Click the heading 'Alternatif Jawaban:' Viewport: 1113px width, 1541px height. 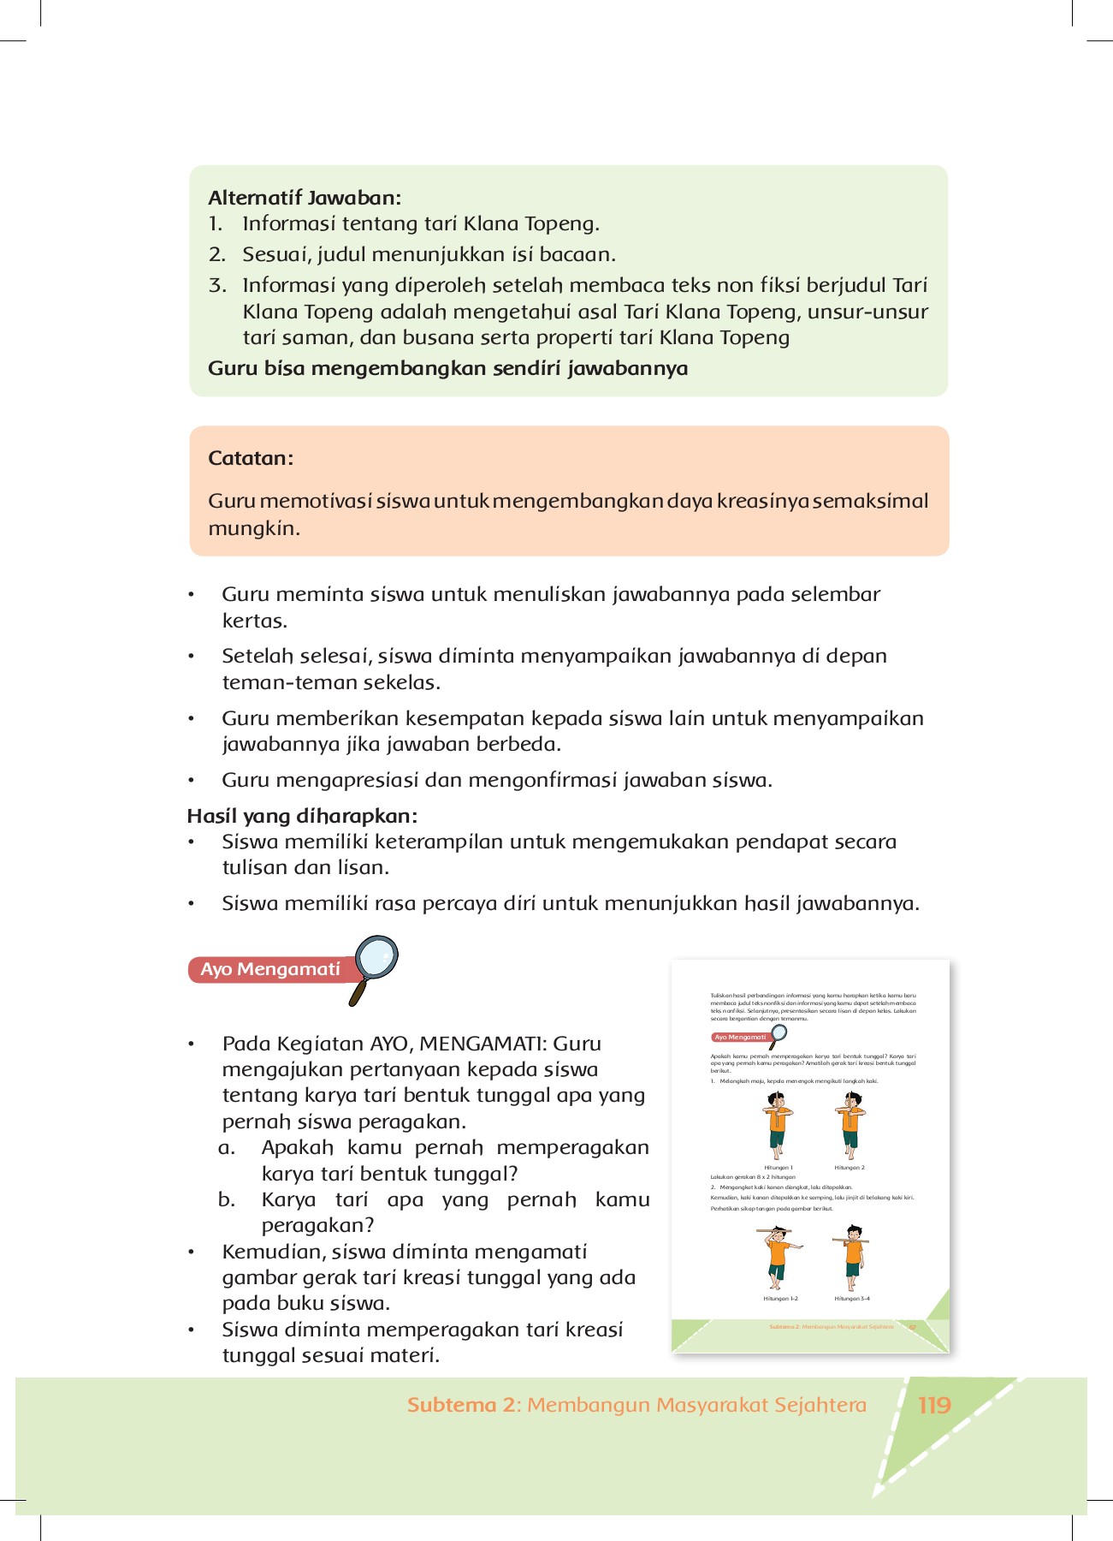click(305, 198)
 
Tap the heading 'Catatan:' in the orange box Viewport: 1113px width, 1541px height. click(251, 458)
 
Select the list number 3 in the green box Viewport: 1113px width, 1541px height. click(216, 285)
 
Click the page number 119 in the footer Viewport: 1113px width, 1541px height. click(934, 1405)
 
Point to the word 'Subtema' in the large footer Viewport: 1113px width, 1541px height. click(451, 1405)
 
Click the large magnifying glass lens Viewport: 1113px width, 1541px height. click(376, 958)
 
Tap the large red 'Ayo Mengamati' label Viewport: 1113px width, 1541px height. click(270, 969)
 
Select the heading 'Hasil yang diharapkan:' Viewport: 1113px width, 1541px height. click(302, 815)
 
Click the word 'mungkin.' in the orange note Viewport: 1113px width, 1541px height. click(254, 528)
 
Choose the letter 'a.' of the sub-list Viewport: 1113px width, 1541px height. click(227, 1147)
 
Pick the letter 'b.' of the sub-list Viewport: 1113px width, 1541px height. click(227, 1199)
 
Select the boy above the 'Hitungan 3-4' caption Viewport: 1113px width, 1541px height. click(852, 1258)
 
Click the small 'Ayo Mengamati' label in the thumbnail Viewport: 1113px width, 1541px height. click(740, 1038)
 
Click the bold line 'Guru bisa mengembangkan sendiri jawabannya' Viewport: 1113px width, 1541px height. click(447, 368)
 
